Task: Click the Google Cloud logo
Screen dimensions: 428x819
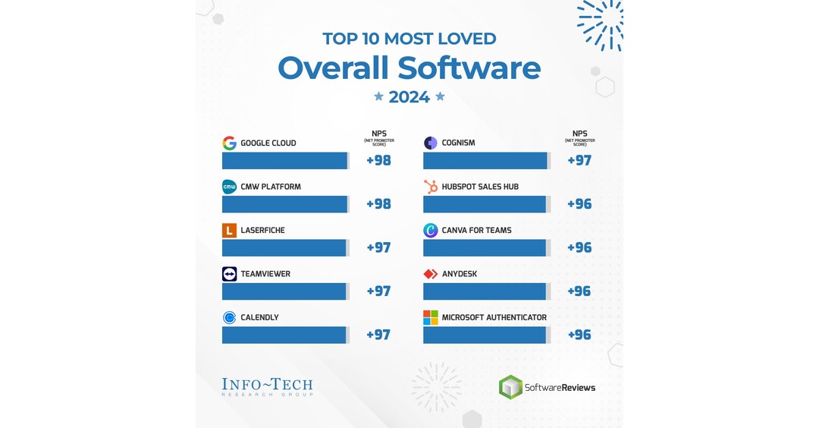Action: (x=229, y=143)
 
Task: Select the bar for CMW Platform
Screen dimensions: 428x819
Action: (x=284, y=204)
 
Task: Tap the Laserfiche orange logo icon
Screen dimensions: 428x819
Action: (x=229, y=231)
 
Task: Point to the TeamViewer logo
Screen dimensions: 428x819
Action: (x=229, y=274)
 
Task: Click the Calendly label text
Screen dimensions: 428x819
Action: (x=259, y=318)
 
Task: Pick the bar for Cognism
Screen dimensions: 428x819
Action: (x=485, y=161)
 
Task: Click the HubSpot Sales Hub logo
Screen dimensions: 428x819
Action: (x=431, y=187)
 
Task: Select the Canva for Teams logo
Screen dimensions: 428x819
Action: (x=431, y=231)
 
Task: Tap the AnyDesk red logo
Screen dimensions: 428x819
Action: (x=431, y=274)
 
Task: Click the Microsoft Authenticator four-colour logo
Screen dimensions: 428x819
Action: (x=431, y=318)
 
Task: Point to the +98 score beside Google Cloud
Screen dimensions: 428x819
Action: (x=378, y=161)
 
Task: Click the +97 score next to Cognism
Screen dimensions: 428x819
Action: (x=579, y=161)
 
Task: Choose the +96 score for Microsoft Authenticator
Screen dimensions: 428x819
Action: (x=579, y=335)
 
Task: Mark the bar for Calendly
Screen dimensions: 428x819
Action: (x=284, y=335)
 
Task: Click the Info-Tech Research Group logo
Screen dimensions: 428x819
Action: (x=267, y=387)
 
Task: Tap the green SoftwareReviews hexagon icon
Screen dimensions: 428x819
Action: (x=510, y=387)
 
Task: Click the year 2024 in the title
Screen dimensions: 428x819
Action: (x=409, y=97)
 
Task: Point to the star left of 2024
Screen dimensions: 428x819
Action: (x=379, y=96)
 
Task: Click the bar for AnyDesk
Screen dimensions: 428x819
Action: (x=485, y=291)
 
